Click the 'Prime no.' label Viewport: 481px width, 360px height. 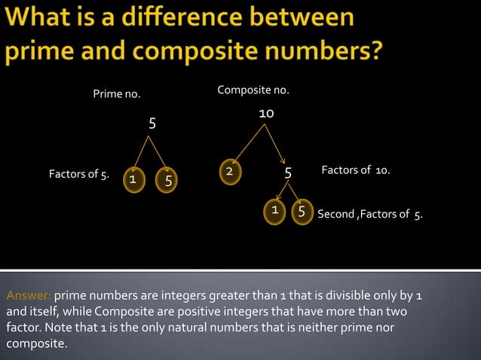click(116, 94)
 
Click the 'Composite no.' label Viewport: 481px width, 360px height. click(253, 90)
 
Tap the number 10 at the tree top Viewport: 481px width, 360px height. click(265, 113)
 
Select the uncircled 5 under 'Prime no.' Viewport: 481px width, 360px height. click(152, 124)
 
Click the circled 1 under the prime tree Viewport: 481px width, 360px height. click(132, 180)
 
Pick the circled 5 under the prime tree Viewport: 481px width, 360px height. click(167, 181)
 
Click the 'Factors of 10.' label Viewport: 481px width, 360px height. click(355, 171)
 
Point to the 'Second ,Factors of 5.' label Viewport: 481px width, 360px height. click(369, 215)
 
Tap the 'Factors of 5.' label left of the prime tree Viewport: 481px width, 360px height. click(78, 175)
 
